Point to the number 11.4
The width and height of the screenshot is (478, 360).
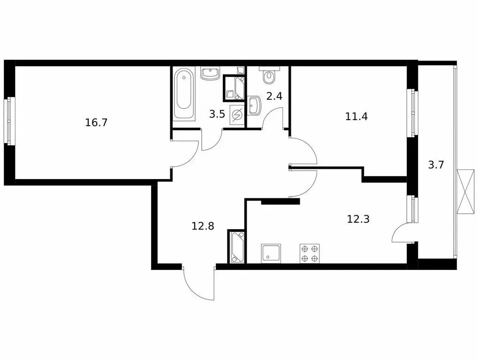(x=356, y=117)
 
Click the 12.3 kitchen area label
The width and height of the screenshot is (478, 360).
(x=358, y=218)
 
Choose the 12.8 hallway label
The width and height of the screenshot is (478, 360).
(x=203, y=226)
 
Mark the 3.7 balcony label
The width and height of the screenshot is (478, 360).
(x=436, y=165)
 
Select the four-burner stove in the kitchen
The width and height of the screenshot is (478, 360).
(x=310, y=253)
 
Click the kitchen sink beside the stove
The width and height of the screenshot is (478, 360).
(x=272, y=253)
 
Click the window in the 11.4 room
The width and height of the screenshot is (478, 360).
(x=413, y=112)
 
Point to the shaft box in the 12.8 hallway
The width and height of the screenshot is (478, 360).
(x=236, y=247)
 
